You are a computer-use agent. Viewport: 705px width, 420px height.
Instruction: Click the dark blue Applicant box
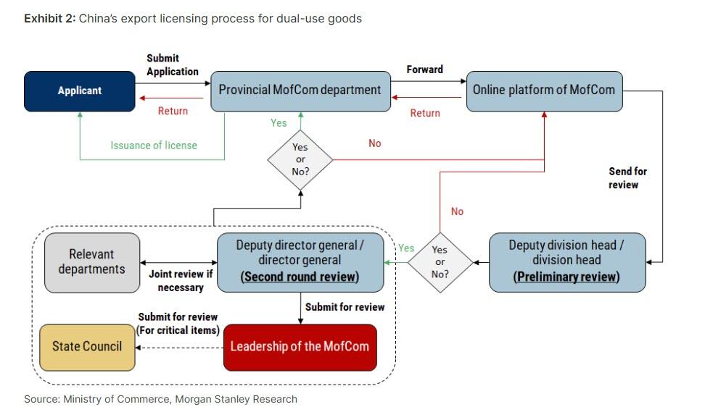tap(80, 91)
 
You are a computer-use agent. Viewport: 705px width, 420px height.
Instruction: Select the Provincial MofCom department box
tap(300, 91)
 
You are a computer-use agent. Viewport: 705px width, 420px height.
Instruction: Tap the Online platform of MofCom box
tap(544, 91)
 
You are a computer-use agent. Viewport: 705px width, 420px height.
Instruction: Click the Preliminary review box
tap(566, 261)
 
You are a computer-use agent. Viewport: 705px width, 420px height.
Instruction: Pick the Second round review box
tap(300, 261)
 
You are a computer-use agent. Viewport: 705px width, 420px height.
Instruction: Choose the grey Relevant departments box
tap(91, 262)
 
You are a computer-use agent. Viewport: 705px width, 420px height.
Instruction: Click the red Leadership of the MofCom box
tap(300, 346)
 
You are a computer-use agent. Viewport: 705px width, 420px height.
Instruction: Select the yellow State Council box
tap(87, 346)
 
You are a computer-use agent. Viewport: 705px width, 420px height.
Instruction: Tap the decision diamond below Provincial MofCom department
tap(300, 159)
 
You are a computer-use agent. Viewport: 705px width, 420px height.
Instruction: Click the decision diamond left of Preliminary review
tap(440, 261)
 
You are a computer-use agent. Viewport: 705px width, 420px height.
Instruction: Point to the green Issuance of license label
tap(154, 146)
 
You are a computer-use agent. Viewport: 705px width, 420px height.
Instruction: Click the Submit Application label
tap(172, 64)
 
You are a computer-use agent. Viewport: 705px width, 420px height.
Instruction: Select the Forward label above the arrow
tap(424, 70)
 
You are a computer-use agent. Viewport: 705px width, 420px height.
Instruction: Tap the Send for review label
tap(627, 178)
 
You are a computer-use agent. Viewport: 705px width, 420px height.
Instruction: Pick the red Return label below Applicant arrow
tap(173, 111)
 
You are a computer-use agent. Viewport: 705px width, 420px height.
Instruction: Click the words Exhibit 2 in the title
tap(49, 19)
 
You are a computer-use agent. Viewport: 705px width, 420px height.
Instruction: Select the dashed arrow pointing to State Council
tap(180, 347)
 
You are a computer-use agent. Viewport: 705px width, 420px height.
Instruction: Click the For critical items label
tap(178, 329)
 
